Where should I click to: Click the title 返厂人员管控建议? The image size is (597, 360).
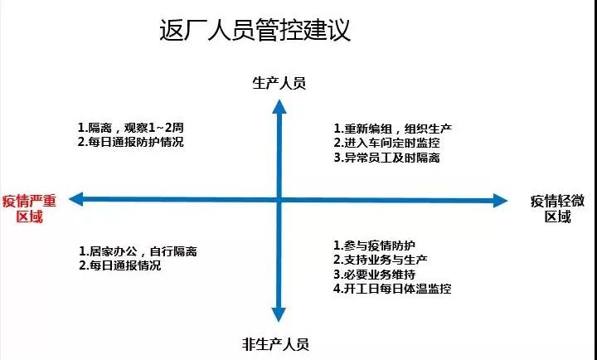(255, 30)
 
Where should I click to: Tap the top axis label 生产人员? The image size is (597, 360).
(279, 83)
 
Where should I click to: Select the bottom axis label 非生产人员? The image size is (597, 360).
(275, 344)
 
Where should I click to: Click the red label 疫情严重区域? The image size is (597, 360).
(29, 208)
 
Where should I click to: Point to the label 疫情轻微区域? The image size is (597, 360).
(557, 208)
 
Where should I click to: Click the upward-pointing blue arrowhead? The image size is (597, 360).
(279, 107)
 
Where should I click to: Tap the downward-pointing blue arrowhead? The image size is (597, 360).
(279, 314)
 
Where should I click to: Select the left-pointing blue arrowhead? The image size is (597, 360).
(76, 199)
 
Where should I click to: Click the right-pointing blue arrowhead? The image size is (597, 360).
(500, 201)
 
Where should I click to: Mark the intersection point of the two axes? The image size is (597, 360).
(279, 200)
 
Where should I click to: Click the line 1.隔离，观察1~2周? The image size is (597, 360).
(131, 127)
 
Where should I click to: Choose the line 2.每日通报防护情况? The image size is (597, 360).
(131, 142)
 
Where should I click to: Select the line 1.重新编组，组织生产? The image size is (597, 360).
(393, 129)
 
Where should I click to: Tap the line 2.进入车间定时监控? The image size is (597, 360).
(387, 143)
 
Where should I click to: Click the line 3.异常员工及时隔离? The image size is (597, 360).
(387, 158)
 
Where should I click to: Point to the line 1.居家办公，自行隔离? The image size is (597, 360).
(138, 251)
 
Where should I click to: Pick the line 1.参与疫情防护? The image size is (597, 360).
(374, 246)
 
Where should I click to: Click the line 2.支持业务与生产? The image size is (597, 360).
(381, 260)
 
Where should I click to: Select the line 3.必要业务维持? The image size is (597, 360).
(374, 275)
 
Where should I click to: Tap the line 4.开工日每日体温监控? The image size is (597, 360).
(392, 289)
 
